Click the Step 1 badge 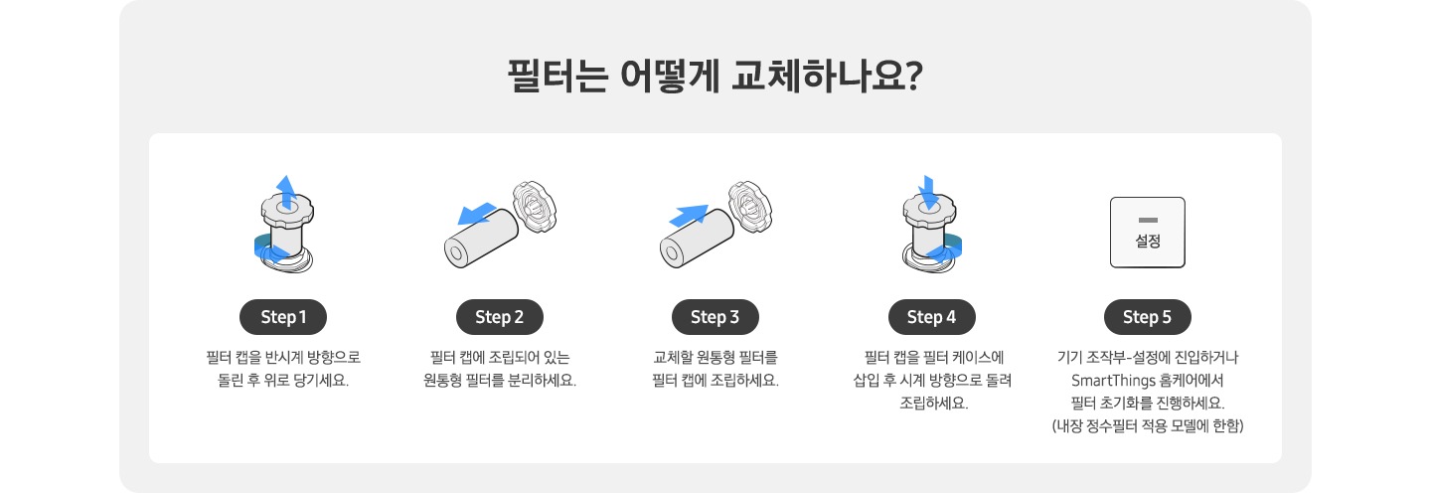tap(283, 317)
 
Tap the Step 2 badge tap(500, 317)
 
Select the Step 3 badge tap(715, 317)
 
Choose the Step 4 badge tap(931, 317)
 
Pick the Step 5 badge tap(1148, 317)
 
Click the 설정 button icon tap(1148, 232)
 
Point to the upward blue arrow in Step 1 tap(286, 192)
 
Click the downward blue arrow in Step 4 tap(928, 192)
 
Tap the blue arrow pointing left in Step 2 tap(477, 214)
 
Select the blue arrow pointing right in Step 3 tap(689, 216)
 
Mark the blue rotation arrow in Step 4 tap(948, 248)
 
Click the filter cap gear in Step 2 tap(535, 207)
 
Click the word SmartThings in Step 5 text tap(1113, 380)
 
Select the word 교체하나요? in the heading tap(827, 76)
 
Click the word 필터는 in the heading tap(557, 76)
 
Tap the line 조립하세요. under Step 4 tap(934, 403)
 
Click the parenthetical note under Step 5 tap(1148, 426)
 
